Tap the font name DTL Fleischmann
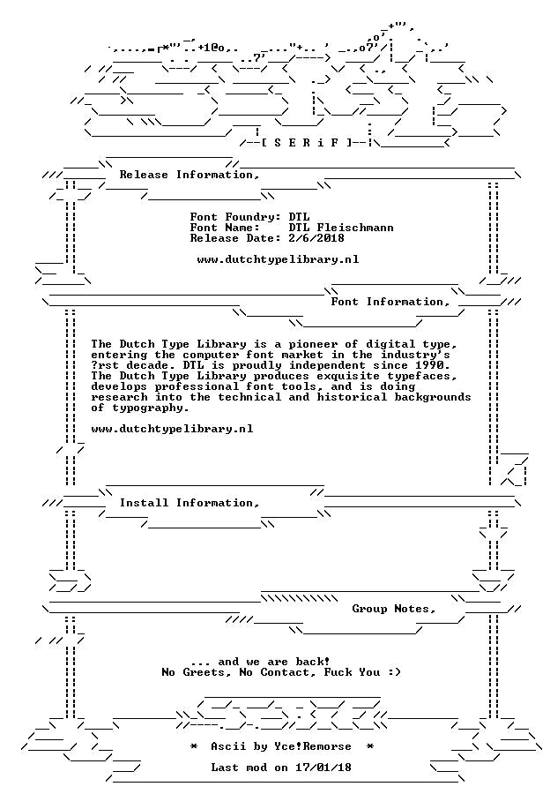pyautogui.click(x=341, y=228)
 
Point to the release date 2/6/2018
pyautogui.click(x=316, y=238)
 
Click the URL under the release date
pyautogui.click(x=278, y=259)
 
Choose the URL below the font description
pyautogui.click(x=172, y=429)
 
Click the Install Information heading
pyautogui.click(x=190, y=503)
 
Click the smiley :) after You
pyautogui.click(x=395, y=672)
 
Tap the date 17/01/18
pyautogui.click(x=323, y=768)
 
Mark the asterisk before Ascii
pyautogui.click(x=193, y=746)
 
